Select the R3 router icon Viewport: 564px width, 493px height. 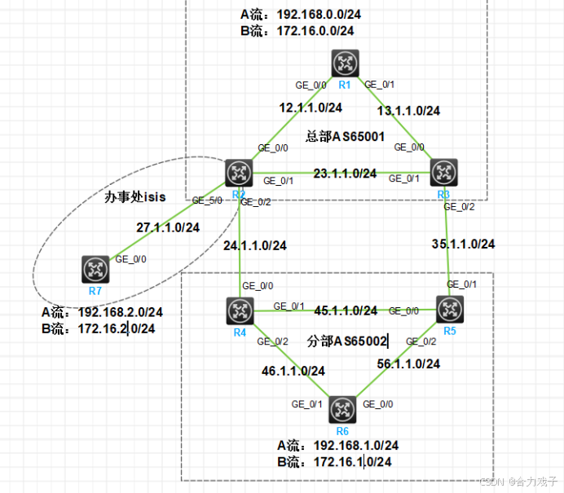click(x=444, y=172)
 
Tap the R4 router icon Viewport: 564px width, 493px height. click(x=240, y=310)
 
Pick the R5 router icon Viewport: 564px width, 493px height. click(x=449, y=309)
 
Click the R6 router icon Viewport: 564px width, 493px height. click(x=343, y=405)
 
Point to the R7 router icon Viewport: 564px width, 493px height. click(x=95, y=269)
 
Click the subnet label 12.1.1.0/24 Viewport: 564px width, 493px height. click(x=310, y=108)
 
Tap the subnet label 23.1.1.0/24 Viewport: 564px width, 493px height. click(x=344, y=174)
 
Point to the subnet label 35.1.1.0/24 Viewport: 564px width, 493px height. click(x=463, y=244)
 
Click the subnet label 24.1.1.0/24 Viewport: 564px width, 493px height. click(x=253, y=244)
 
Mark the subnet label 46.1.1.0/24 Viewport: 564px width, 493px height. click(x=293, y=371)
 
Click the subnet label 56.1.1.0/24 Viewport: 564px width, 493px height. click(x=408, y=364)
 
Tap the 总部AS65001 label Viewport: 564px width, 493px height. click(x=345, y=136)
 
